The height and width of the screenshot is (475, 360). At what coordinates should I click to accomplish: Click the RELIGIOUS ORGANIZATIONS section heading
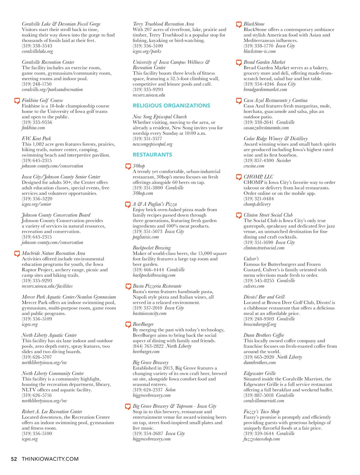[x=171, y=106]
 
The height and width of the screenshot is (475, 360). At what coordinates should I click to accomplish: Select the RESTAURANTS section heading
[x=152, y=155]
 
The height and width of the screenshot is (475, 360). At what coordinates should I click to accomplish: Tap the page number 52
[x=14, y=459]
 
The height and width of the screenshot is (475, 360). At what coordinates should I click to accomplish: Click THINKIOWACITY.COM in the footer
[x=50, y=459]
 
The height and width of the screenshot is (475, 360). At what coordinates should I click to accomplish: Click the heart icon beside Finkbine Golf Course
[x=17, y=101]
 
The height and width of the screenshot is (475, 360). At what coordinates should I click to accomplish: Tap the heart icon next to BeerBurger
[x=128, y=324]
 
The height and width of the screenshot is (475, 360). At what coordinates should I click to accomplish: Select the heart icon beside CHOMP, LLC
[x=239, y=177]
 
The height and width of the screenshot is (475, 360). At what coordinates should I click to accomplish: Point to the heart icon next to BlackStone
[x=239, y=24]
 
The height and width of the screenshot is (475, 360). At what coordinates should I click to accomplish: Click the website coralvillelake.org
[x=37, y=51]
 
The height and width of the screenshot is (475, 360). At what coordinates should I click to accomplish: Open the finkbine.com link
[x=33, y=128]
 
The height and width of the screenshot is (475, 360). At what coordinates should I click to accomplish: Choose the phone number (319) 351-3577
[x=147, y=139]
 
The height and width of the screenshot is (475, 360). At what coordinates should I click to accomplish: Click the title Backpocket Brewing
[x=151, y=248]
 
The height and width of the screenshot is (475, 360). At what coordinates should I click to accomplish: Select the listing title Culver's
[x=251, y=259]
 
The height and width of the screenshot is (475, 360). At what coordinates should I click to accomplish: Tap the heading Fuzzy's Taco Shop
[x=261, y=412]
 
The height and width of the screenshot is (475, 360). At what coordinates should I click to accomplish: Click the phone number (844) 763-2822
[x=148, y=346]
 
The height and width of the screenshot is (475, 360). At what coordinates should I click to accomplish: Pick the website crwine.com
[x=254, y=166]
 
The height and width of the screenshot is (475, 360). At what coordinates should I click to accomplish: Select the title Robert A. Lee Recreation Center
[x=52, y=412]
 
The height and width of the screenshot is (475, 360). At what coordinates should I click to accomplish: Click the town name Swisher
[x=284, y=161]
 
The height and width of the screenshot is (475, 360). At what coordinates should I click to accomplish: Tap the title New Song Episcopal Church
[x=160, y=117]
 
